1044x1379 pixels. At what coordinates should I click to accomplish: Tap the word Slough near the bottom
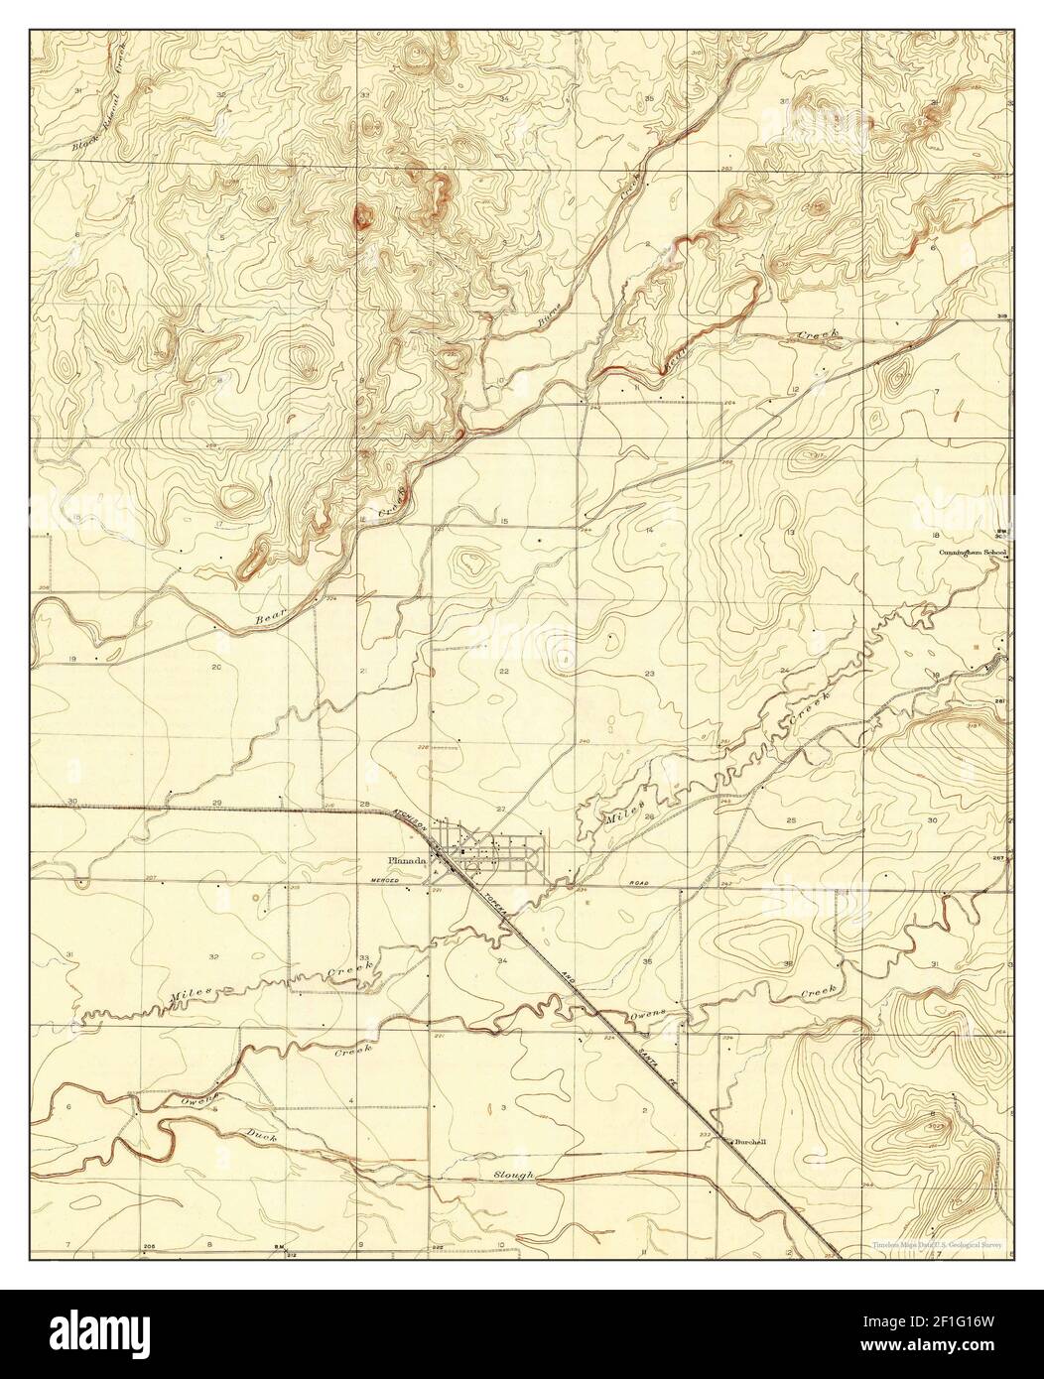point(514,1175)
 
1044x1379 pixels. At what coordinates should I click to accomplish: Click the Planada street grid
point(501,851)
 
